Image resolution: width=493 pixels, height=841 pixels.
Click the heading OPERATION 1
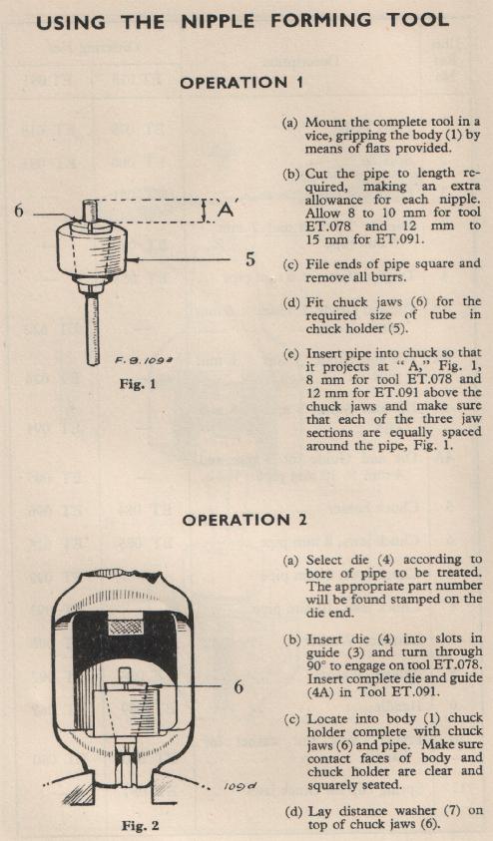(x=242, y=83)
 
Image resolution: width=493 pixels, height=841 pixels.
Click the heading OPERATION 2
(x=244, y=520)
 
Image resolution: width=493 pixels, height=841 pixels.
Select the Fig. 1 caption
(x=138, y=384)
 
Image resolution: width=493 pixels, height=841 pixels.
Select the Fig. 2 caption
(x=140, y=825)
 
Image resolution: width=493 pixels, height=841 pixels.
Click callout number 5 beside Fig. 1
(x=250, y=259)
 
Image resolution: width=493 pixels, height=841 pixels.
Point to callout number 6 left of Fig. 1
(x=19, y=210)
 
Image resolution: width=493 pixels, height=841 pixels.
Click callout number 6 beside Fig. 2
(x=239, y=686)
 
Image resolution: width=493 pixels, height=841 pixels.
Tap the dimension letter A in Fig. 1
(x=226, y=210)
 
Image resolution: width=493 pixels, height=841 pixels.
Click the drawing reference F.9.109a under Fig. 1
(x=138, y=360)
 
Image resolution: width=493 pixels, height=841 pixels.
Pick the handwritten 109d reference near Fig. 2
(x=241, y=787)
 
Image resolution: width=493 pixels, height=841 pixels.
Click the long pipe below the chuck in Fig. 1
(x=92, y=329)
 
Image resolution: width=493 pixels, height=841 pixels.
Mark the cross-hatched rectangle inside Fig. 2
(x=126, y=627)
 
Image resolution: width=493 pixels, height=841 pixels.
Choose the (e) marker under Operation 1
(x=291, y=354)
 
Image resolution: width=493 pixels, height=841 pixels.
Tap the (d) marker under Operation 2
(x=291, y=811)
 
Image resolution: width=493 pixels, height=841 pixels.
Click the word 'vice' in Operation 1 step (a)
(x=316, y=136)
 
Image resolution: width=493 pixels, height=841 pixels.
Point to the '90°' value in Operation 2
(x=316, y=666)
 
